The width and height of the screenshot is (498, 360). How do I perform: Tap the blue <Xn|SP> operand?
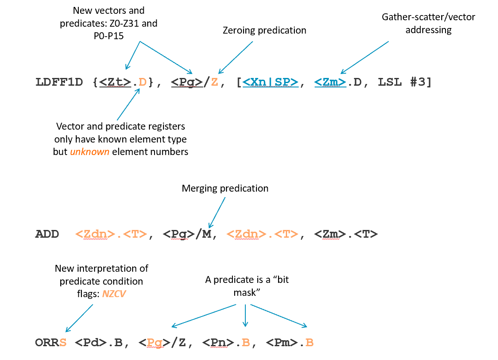tap(270, 82)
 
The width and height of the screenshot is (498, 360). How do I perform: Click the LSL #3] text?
tap(405, 82)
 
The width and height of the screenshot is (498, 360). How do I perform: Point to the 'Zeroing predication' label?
tap(264, 30)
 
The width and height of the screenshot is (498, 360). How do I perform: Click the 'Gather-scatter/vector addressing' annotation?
tap(429, 23)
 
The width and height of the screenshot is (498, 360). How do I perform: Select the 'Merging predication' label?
tap(225, 188)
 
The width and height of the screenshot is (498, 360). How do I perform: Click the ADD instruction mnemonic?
tap(47, 235)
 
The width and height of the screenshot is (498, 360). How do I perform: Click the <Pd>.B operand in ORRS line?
tap(99, 343)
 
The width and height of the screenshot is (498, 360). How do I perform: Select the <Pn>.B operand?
tap(229, 343)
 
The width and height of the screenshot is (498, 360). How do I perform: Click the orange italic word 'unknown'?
tap(90, 152)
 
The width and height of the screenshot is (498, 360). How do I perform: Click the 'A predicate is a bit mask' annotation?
tap(247, 286)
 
